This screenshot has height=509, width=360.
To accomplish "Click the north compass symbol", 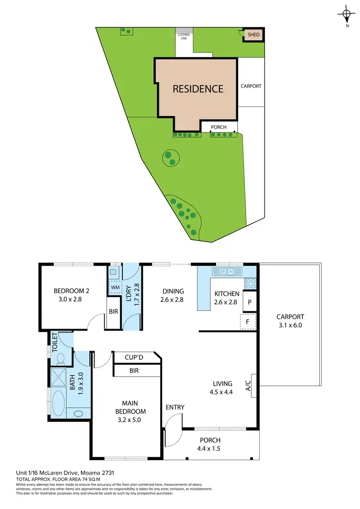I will click(x=346, y=14).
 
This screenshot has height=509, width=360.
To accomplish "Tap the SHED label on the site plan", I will click(x=253, y=35).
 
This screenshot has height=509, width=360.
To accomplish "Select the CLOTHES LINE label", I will click(x=183, y=36).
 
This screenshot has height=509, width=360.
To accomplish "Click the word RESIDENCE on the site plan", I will click(x=198, y=89).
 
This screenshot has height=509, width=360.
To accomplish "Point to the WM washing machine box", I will click(x=115, y=287).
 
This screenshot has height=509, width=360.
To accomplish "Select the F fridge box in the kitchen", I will click(x=248, y=321).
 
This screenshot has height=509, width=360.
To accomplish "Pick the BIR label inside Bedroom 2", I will click(x=113, y=312).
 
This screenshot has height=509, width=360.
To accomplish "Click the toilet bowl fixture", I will click(x=61, y=358).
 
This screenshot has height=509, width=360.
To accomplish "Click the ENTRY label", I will click(x=175, y=407).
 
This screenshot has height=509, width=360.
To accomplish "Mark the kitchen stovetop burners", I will click(x=251, y=283).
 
